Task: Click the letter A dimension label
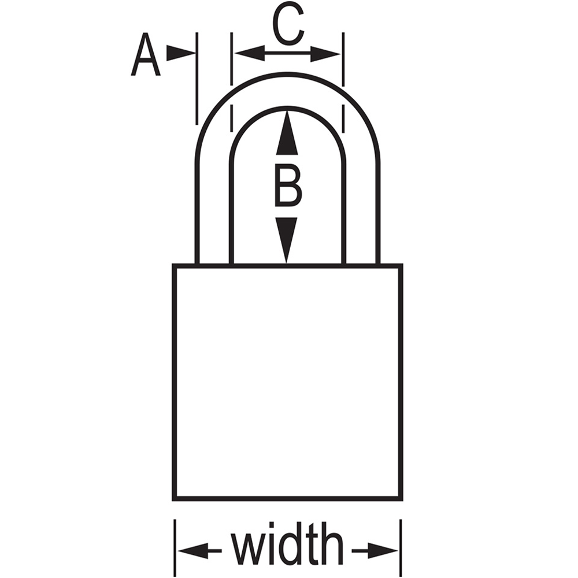tap(146, 54)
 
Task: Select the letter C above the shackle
tap(288, 25)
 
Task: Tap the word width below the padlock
tap(287, 544)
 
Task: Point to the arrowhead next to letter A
tap(180, 53)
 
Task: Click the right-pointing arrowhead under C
tap(325, 54)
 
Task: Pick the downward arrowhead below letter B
tap(287, 240)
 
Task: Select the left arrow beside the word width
tap(200, 551)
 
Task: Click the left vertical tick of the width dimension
tap(175, 548)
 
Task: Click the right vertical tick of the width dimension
tap(401, 548)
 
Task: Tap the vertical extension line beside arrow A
tap(197, 78)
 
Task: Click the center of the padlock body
tap(287, 382)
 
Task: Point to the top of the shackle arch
tap(287, 74)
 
